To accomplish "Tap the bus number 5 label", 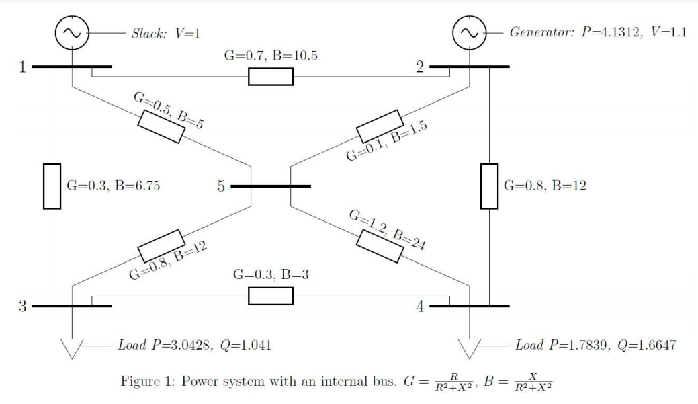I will click(x=221, y=186).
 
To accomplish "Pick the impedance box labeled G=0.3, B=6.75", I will click(x=52, y=186).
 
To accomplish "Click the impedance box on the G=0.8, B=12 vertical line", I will click(x=489, y=186).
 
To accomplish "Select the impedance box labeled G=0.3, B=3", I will click(x=271, y=295).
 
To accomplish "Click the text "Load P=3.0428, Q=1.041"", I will click(x=195, y=346).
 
